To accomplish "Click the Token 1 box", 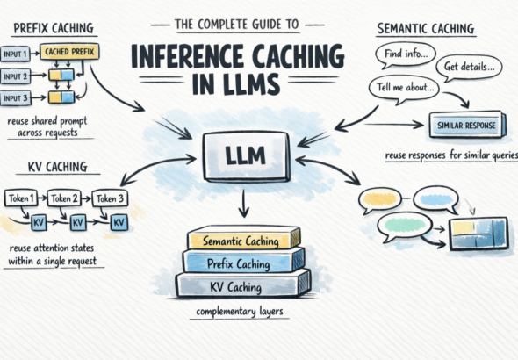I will click(22, 198).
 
